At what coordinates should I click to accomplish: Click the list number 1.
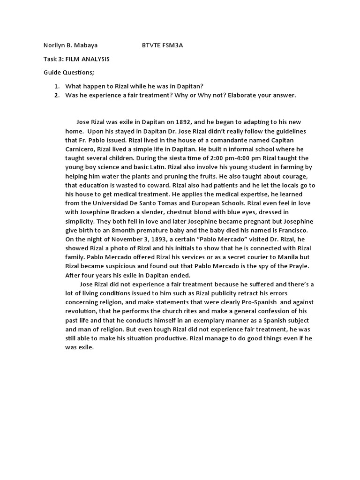coord(56,86)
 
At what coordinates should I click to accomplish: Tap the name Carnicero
coord(80,149)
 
